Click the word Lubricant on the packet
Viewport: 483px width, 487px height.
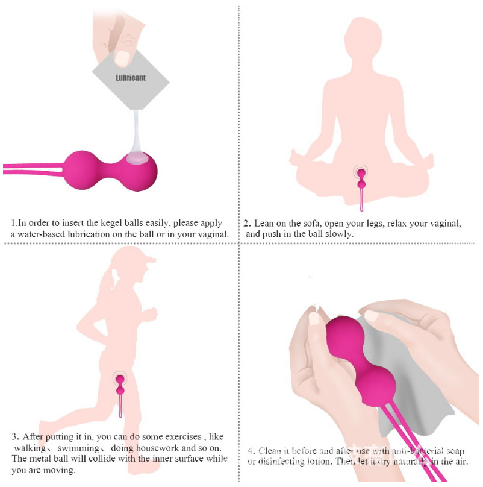pyautogui.click(x=131, y=78)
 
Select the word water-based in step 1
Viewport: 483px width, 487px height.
pyautogui.click(x=43, y=234)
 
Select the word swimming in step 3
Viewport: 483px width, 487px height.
pyautogui.click(x=78, y=448)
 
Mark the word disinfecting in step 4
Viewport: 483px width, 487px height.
pyautogui.click(x=283, y=462)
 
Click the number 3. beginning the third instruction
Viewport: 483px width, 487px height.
pyautogui.click(x=14, y=437)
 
